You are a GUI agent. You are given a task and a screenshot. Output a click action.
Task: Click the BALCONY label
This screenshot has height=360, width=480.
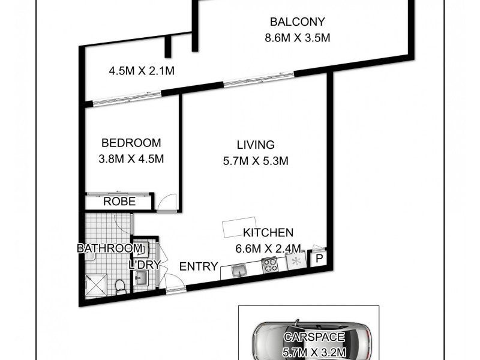coord(297,22)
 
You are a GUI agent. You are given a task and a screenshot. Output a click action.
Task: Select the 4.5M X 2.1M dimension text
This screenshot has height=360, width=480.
coord(141,71)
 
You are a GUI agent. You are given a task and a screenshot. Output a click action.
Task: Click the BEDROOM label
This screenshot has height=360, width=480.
coord(131,143)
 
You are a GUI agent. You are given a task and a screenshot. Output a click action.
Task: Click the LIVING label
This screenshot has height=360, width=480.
coord(255,145)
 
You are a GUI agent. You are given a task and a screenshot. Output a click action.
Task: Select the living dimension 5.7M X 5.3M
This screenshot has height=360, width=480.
coord(255,161)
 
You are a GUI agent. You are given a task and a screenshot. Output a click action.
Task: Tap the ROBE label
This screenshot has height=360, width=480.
coord(119,202)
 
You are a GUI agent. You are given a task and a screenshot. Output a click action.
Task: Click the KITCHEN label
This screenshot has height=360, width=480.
coord(268,233)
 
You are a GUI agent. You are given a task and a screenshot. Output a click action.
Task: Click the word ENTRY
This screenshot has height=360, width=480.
coord(199,266)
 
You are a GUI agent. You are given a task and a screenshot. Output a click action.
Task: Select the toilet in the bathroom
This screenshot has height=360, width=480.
coord(121,286)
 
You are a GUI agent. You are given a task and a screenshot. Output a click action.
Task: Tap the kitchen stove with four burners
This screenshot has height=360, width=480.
coord(269,265)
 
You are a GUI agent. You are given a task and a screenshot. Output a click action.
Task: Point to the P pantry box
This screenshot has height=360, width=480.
coord(319,259)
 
